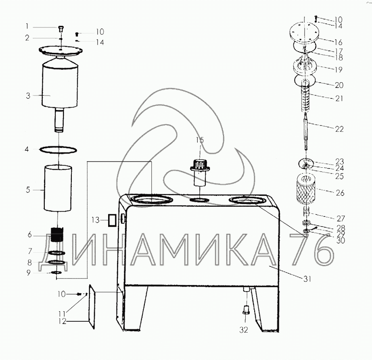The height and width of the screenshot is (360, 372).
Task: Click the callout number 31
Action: (307, 279)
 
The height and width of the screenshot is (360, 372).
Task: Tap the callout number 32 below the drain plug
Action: (244, 330)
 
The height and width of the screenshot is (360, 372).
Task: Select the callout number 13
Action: (95, 220)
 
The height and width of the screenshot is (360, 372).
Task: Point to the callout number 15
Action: (200, 140)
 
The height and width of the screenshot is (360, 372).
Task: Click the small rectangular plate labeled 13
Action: (112, 220)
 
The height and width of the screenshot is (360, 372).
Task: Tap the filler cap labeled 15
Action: (200, 173)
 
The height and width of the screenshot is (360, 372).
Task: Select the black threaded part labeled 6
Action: (57, 234)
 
